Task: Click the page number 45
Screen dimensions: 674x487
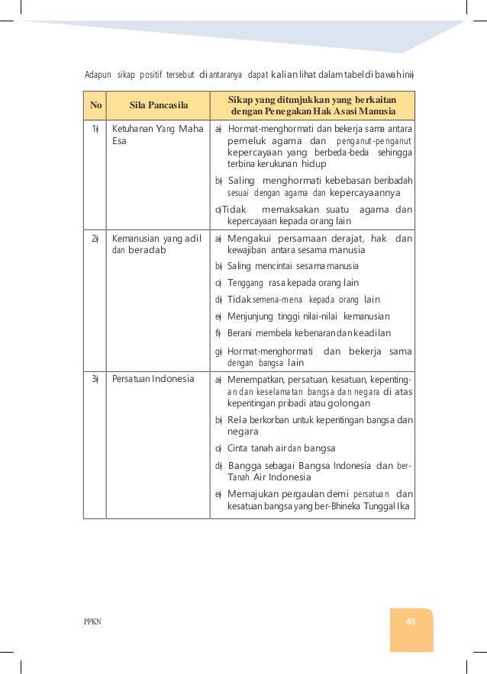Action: (x=410, y=621)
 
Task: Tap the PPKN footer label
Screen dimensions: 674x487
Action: (x=92, y=622)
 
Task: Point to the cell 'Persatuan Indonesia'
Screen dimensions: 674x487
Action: (x=153, y=379)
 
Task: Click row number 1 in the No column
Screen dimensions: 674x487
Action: (x=95, y=128)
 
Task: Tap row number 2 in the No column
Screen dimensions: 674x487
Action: (x=95, y=239)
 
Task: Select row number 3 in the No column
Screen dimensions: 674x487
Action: (x=95, y=379)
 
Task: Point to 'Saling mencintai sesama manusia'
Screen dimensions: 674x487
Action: (x=292, y=266)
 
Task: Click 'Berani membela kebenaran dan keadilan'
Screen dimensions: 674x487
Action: (x=309, y=333)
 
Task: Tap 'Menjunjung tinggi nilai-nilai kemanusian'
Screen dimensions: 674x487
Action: (x=308, y=316)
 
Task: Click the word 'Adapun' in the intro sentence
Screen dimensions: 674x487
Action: (x=96, y=74)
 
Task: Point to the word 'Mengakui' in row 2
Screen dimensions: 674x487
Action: (x=250, y=239)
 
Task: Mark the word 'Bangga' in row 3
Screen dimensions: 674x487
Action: (x=245, y=465)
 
